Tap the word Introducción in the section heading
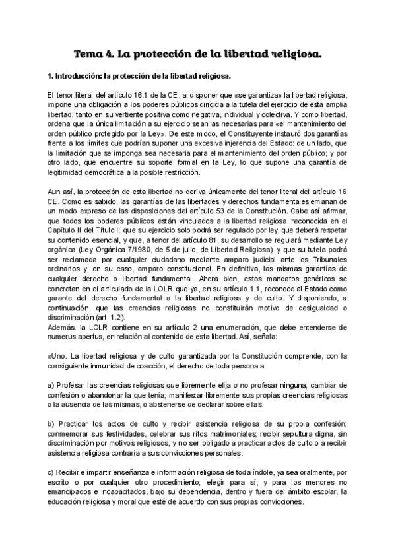(69, 77)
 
